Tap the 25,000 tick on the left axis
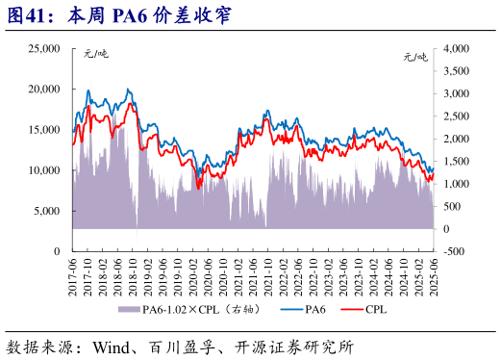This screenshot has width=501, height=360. [x=42, y=48]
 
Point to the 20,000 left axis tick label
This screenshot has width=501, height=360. [x=42, y=89]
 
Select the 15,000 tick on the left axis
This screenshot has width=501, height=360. [x=42, y=129]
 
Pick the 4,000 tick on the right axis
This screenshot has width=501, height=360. [x=455, y=48]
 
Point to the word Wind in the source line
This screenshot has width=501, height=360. [x=114, y=344]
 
